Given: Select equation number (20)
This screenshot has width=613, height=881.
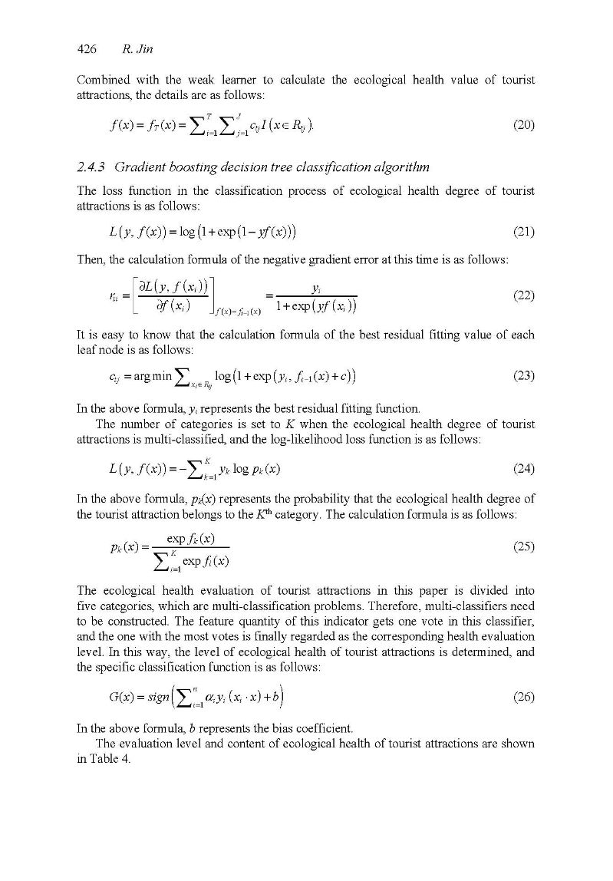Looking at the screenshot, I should (523, 125).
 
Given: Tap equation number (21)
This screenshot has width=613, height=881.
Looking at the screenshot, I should (523, 232).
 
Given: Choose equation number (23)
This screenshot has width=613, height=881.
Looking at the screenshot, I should (523, 376).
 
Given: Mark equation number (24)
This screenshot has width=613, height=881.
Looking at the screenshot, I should (523, 468).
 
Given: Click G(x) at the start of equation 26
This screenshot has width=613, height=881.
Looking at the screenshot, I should (124, 698).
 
